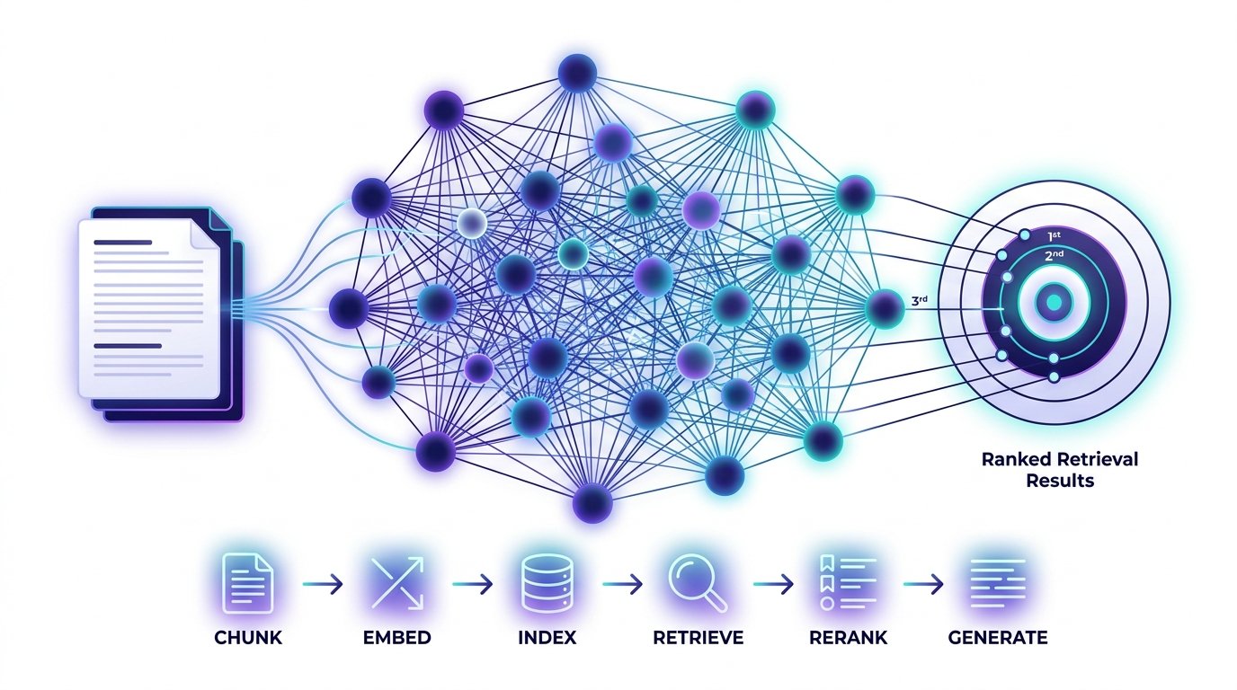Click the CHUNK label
tap(248, 638)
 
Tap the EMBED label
tap(397, 638)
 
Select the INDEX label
tap(547, 638)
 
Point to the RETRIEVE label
tap(698, 638)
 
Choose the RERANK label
tap(849, 638)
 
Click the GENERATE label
tap(998, 638)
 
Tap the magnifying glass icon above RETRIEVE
tap(696, 582)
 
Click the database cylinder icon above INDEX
tap(547, 582)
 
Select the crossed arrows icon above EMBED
tap(397, 582)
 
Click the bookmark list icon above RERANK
tap(848, 582)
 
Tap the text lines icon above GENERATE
tap(998, 582)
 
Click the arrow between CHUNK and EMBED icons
tap(322, 584)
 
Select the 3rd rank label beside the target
tap(919, 302)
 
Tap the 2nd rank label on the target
tap(1054, 254)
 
